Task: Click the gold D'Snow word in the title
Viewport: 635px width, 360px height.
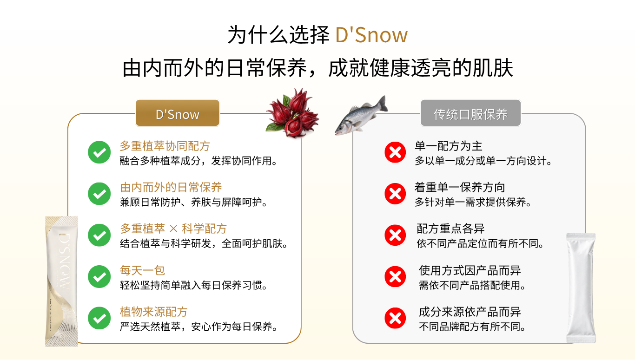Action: [371, 35]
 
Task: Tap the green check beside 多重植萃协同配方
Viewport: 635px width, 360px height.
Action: [99, 152]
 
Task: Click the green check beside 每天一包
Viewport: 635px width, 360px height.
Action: [99, 277]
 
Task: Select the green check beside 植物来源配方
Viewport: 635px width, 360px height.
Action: [99, 318]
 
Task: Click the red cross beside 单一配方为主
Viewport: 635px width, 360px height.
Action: [395, 152]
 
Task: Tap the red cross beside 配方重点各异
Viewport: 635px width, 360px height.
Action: [395, 236]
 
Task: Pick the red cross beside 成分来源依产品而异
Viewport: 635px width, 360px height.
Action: [395, 318]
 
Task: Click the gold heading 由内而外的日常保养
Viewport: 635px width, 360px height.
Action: [171, 188]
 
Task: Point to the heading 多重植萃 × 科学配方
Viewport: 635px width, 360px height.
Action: [173, 229]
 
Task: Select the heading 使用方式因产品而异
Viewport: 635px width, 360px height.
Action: [470, 270]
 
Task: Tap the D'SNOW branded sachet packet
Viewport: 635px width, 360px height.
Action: [61, 281]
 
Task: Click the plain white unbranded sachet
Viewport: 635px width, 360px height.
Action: [581, 288]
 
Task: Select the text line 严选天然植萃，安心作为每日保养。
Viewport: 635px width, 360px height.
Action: [198, 327]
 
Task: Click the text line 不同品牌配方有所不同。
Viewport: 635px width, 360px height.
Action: [472, 327]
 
